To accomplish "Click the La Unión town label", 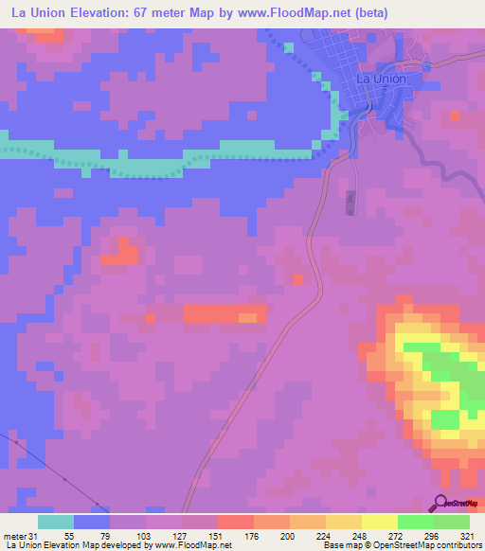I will click(381, 80).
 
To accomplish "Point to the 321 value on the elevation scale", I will click(469, 536).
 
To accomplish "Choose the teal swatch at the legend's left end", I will click(56, 522).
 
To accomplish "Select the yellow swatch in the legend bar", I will click(379, 522).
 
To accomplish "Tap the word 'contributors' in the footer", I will click(455, 545).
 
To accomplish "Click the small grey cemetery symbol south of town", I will click(350, 203).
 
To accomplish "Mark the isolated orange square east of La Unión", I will click(456, 116).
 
